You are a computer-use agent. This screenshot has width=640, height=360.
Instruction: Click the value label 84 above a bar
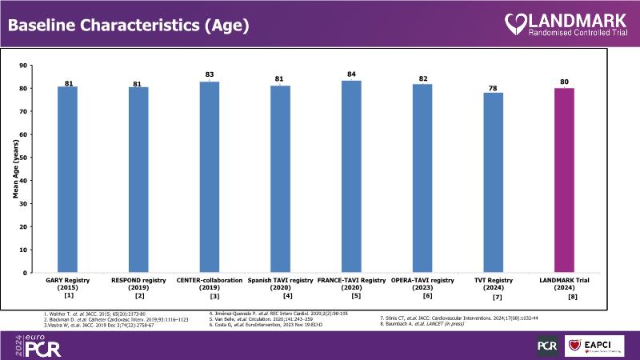pos(351,74)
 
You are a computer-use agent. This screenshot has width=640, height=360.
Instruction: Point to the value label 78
pos(494,87)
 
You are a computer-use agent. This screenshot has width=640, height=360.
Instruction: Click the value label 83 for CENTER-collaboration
pos(210,74)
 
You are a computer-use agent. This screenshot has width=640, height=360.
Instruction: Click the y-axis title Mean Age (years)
pos(15,169)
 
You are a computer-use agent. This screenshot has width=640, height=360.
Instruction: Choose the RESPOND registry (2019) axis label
pos(139,285)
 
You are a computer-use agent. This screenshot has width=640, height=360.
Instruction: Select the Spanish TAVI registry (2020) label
pos(280,285)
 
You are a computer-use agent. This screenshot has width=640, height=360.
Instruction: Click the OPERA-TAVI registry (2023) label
pos(422,285)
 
